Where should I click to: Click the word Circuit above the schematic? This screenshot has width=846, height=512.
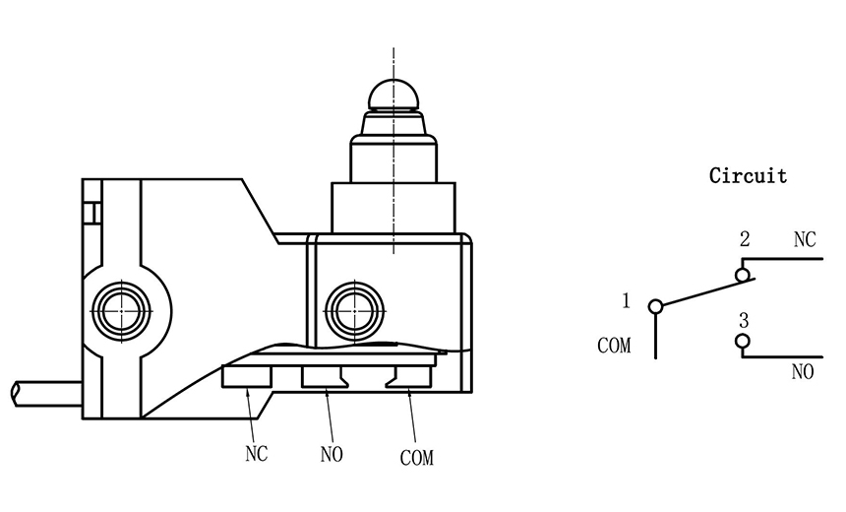pyautogui.click(x=748, y=176)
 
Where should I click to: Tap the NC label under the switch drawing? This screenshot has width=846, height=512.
pyautogui.click(x=257, y=454)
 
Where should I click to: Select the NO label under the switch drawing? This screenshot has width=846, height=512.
pyautogui.click(x=332, y=454)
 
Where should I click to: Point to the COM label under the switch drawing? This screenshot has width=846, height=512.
pyautogui.click(x=416, y=458)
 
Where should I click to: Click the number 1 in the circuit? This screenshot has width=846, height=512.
pyautogui.click(x=626, y=300)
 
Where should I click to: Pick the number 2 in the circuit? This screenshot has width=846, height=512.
pyautogui.click(x=745, y=238)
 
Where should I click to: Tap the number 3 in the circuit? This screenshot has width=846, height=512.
pyautogui.click(x=744, y=321)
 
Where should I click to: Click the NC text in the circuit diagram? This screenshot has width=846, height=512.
pyautogui.click(x=805, y=239)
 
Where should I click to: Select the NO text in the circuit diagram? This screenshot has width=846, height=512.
pyautogui.click(x=803, y=371)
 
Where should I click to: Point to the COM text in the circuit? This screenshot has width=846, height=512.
pyautogui.click(x=614, y=346)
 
